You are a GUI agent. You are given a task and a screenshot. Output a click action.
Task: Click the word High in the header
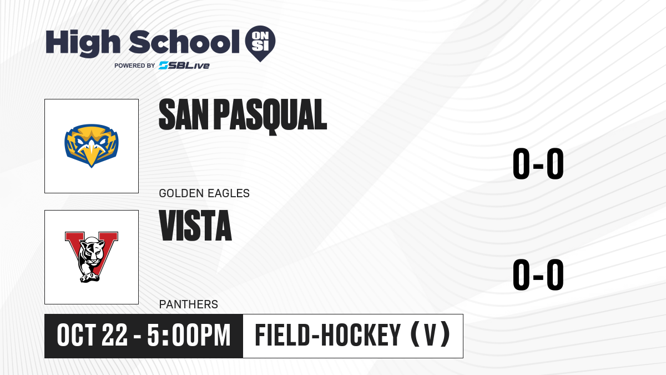(x=83, y=43)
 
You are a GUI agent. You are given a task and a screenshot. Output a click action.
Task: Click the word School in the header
(x=184, y=42)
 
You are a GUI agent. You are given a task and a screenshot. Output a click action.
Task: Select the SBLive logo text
(x=184, y=66)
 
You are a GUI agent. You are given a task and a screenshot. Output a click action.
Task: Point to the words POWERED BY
(x=135, y=66)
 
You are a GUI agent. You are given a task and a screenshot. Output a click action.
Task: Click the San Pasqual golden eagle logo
(x=92, y=146)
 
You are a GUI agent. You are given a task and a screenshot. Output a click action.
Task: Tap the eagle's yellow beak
(x=92, y=155)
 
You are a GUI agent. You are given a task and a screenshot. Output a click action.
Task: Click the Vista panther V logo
(x=92, y=257)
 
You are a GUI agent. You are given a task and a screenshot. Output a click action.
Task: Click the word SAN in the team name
(x=184, y=114)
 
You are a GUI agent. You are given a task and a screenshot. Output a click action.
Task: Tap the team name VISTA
(x=195, y=226)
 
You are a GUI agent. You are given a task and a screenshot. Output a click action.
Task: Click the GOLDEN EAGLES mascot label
(x=204, y=193)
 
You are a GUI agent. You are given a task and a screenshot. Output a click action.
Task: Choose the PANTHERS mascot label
(x=189, y=304)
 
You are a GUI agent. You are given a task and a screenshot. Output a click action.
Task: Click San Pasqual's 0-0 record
(x=538, y=163)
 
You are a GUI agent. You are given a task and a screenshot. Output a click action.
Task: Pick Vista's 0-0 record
(x=538, y=274)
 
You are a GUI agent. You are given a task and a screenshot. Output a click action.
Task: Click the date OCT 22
(x=92, y=336)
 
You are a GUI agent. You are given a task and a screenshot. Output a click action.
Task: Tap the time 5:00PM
(x=189, y=336)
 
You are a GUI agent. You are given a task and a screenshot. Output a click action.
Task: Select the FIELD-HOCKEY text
(x=328, y=336)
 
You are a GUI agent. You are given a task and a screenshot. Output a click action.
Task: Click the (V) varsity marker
(x=430, y=334)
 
